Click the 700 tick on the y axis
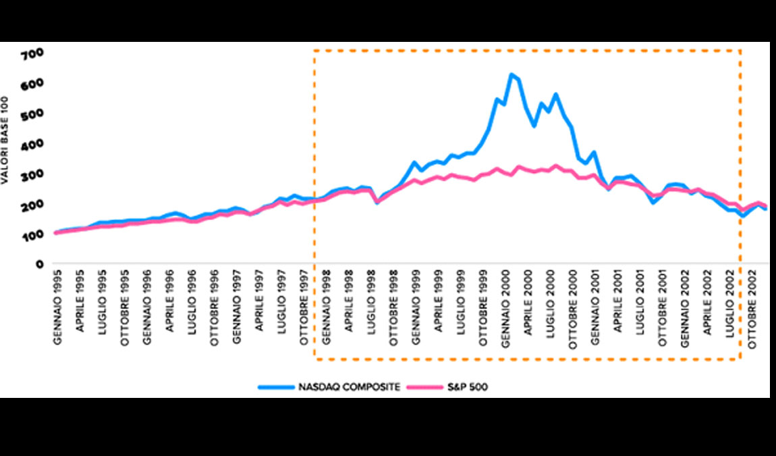click(x=32, y=53)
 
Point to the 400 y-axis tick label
click(x=32, y=144)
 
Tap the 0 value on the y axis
click(x=40, y=264)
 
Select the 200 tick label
click(x=32, y=204)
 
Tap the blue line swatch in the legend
click(x=277, y=387)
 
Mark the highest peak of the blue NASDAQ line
click(x=511, y=74)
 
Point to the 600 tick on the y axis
click(x=32, y=84)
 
